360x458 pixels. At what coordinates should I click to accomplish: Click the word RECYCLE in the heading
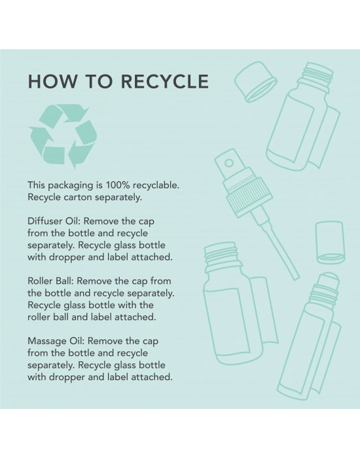point(165,81)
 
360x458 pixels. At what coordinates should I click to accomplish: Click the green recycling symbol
point(63,136)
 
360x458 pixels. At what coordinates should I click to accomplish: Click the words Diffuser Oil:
point(54,221)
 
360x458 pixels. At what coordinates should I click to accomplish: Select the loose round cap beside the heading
point(256,82)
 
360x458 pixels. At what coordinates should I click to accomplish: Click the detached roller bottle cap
point(330,243)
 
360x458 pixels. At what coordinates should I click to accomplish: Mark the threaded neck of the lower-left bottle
point(221,255)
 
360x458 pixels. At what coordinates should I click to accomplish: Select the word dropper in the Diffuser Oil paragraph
point(77,257)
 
